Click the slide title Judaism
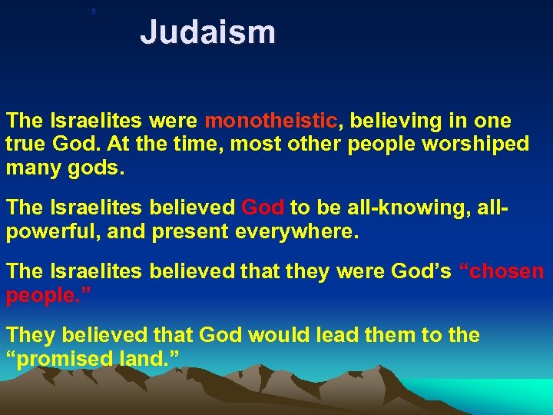coord(207,33)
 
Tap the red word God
coord(263,208)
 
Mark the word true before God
coord(28,144)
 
